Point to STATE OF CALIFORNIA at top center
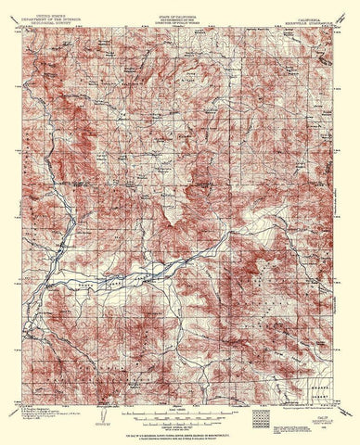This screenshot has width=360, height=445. coord(179,7)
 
